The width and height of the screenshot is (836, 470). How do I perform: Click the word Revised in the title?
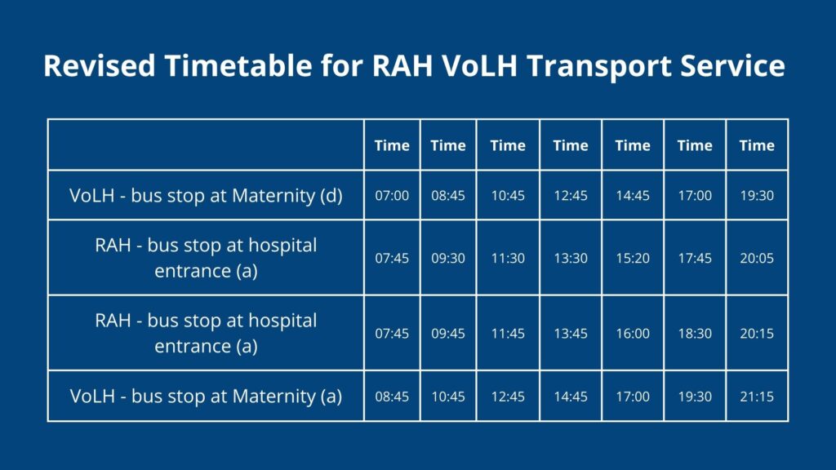[x=99, y=65]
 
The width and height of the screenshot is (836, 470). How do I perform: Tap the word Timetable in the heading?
[x=238, y=65]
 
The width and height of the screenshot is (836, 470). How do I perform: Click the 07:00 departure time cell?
[x=392, y=196]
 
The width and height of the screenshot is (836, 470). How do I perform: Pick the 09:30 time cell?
[x=448, y=259]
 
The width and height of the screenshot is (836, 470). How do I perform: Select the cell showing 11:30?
[x=508, y=259]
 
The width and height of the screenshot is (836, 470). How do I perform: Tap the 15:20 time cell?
[x=633, y=259]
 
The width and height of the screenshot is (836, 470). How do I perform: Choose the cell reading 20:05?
[x=757, y=259]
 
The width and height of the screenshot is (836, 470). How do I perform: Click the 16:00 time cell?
[x=633, y=334]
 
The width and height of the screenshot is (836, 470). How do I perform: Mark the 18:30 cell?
[x=695, y=334]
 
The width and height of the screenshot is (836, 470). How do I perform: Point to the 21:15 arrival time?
[x=757, y=397]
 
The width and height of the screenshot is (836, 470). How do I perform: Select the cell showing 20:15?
[x=757, y=334]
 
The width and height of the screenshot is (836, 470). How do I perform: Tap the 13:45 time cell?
[x=571, y=334]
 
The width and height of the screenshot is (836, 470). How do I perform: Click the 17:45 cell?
[x=695, y=259]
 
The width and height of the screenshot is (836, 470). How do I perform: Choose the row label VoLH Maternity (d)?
[x=206, y=196]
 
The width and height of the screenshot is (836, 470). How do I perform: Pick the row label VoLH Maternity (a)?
[x=206, y=397]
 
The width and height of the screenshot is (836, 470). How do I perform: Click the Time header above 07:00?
[x=392, y=145]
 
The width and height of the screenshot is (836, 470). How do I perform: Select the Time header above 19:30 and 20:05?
[x=757, y=145]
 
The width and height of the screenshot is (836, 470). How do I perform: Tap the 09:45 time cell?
[x=448, y=334]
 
